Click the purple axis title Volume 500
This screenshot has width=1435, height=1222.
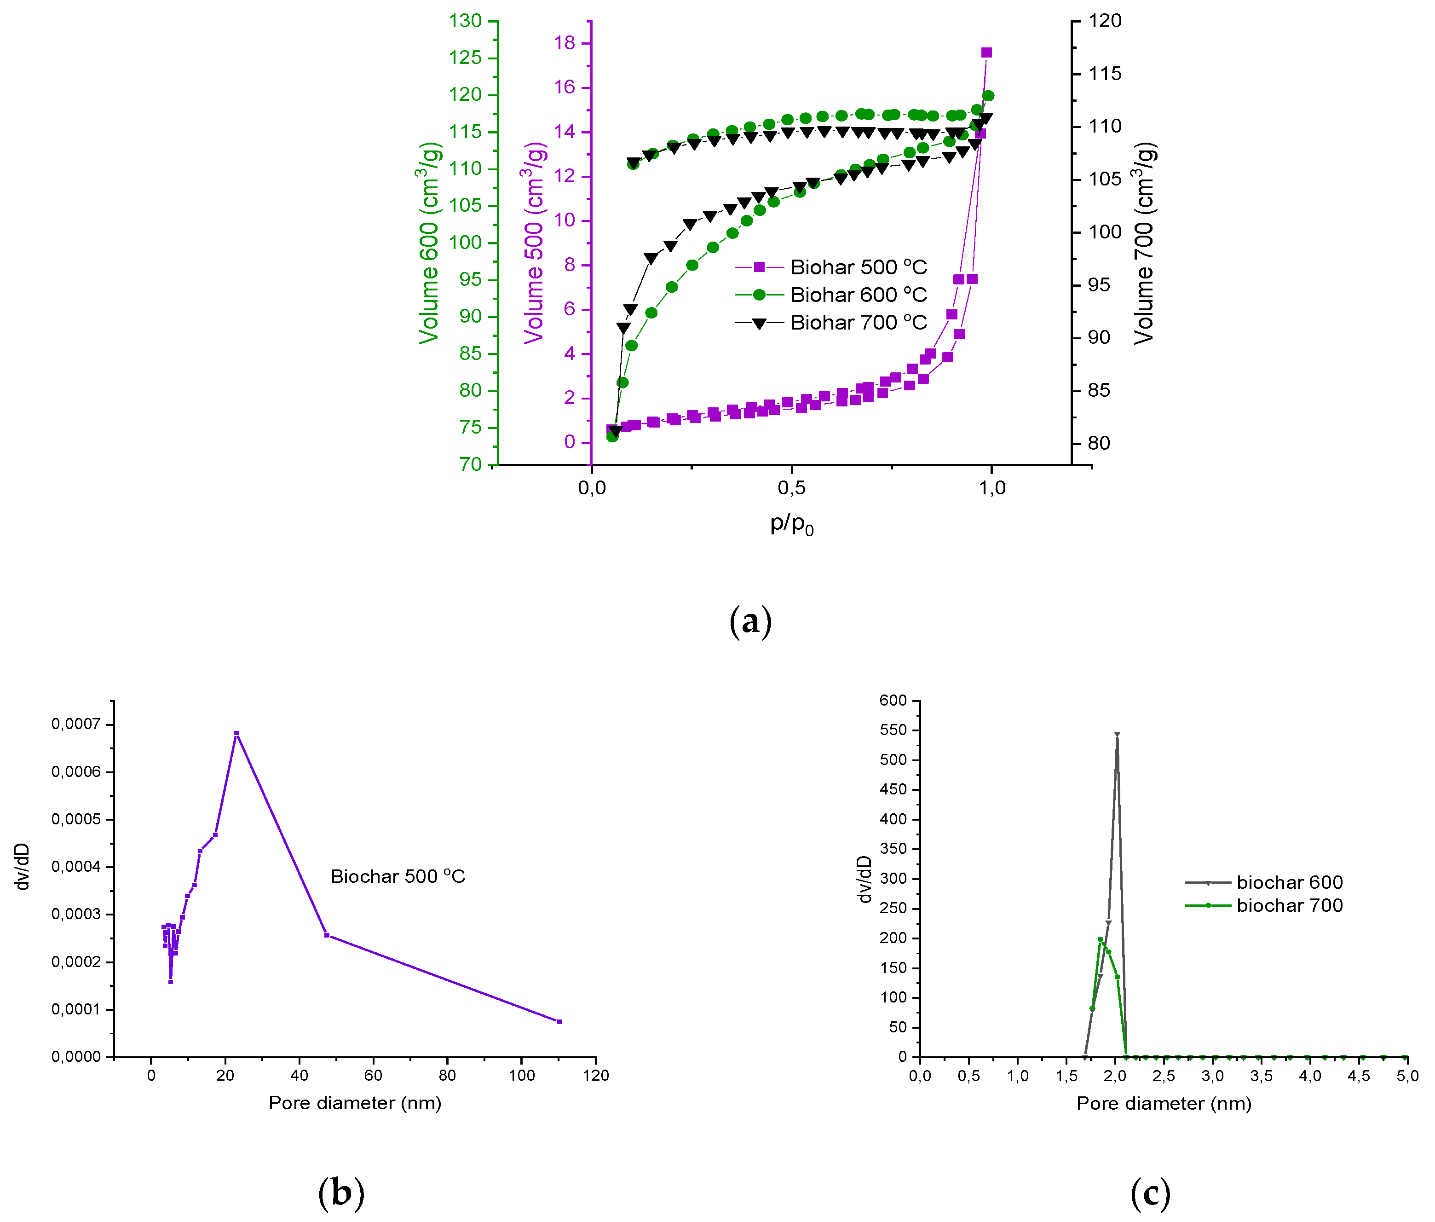[534, 243]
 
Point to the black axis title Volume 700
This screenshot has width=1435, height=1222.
[1144, 243]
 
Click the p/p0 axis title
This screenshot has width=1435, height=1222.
[792, 524]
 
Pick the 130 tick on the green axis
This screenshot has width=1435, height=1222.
[465, 21]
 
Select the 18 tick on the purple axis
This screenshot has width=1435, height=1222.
[565, 43]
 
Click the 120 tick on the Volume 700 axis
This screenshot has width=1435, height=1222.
[1105, 21]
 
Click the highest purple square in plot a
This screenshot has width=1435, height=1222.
[986, 52]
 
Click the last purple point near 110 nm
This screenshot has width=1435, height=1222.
[559, 1022]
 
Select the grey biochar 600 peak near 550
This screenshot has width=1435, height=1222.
[1117, 734]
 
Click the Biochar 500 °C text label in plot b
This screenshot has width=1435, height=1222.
[398, 877]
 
